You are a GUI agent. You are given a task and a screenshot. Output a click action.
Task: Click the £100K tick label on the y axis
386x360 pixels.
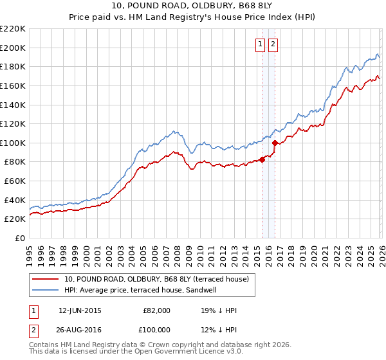13,143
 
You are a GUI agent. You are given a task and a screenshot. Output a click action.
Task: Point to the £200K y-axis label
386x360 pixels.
13,48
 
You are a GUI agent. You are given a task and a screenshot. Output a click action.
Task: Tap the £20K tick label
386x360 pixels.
15,219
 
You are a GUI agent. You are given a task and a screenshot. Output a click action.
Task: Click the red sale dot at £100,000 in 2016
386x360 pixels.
275,143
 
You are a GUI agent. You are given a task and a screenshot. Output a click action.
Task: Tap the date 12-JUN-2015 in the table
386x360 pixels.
80,310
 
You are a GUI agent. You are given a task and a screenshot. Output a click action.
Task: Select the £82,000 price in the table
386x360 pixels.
156,310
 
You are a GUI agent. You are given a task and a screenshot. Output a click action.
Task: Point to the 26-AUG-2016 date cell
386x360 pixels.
80,330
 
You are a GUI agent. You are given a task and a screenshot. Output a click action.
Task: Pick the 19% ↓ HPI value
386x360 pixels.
219,310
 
